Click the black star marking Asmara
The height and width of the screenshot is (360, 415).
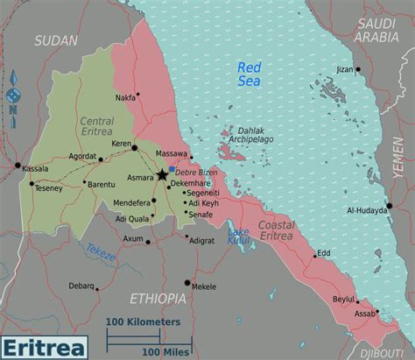[162, 175]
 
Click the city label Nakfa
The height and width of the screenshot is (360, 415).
[125, 98]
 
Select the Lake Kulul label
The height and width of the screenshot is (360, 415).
[238, 235]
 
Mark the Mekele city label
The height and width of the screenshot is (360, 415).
[204, 286]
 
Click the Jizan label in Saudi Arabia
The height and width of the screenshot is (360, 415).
[345, 68]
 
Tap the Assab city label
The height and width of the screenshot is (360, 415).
[365, 313]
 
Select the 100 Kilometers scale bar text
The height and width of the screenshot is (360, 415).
[144, 321]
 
